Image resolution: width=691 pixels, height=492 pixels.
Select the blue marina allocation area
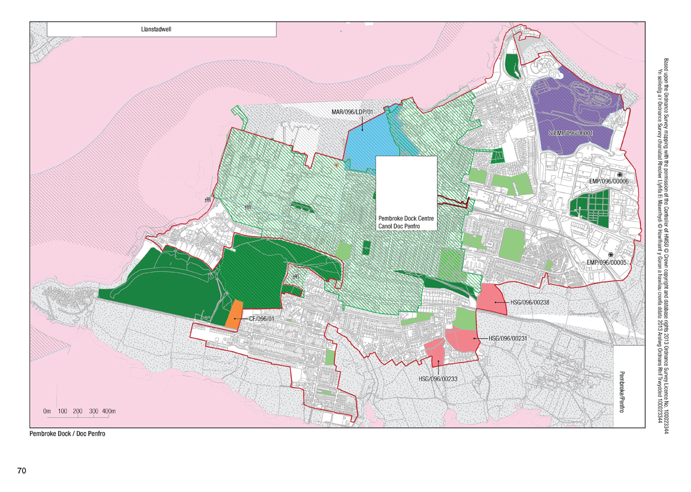366,142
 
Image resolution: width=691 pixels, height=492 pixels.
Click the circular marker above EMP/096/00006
620,174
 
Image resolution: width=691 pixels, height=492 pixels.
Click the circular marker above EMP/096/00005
610,255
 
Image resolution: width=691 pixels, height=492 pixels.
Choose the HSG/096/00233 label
438,379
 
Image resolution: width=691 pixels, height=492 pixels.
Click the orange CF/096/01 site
234,314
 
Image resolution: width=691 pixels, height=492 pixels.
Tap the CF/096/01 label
261,318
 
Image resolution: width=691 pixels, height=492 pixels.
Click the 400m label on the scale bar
110,411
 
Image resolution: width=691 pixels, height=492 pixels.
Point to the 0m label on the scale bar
48,411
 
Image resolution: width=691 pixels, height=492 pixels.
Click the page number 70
22,469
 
